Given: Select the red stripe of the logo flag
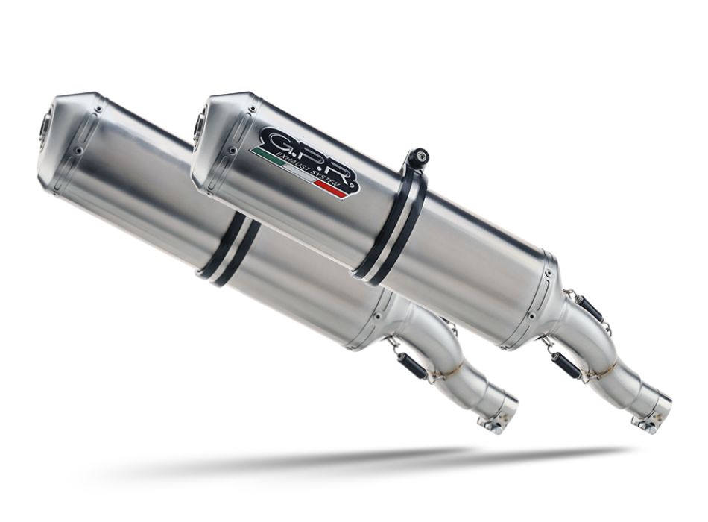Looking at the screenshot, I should [335, 186].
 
